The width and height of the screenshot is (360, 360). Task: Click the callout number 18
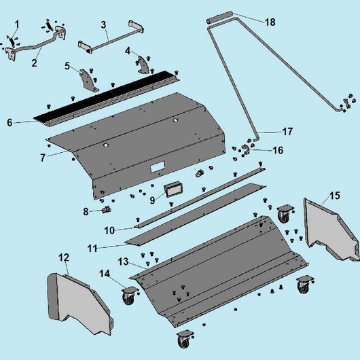(x=270, y=22)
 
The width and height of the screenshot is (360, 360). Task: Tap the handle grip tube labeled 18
(x=219, y=17)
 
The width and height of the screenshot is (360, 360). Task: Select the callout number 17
(x=287, y=132)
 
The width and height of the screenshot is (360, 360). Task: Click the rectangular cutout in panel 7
(x=158, y=166)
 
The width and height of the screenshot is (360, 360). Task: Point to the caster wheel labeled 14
(x=128, y=295)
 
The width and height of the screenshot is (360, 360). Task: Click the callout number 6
(x=10, y=122)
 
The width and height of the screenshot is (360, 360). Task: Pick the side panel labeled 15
(x=331, y=230)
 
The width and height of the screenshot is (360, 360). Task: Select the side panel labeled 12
(x=79, y=303)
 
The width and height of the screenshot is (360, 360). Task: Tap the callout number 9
(x=152, y=200)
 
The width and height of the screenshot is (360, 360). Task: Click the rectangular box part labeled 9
(x=173, y=189)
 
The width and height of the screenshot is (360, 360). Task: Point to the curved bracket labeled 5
(x=88, y=80)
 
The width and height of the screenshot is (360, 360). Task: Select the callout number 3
(x=103, y=25)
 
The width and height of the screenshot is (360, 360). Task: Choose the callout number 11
(x=92, y=249)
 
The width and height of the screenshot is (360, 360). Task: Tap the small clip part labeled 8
(x=106, y=209)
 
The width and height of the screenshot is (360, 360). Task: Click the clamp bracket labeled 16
(x=245, y=149)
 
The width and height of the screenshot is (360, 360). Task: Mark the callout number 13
(x=123, y=262)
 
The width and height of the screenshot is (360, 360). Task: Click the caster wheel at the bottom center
(x=185, y=340)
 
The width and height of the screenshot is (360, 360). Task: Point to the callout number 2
(x=34, y=62)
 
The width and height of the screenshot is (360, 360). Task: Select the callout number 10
(x=109, y=230)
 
